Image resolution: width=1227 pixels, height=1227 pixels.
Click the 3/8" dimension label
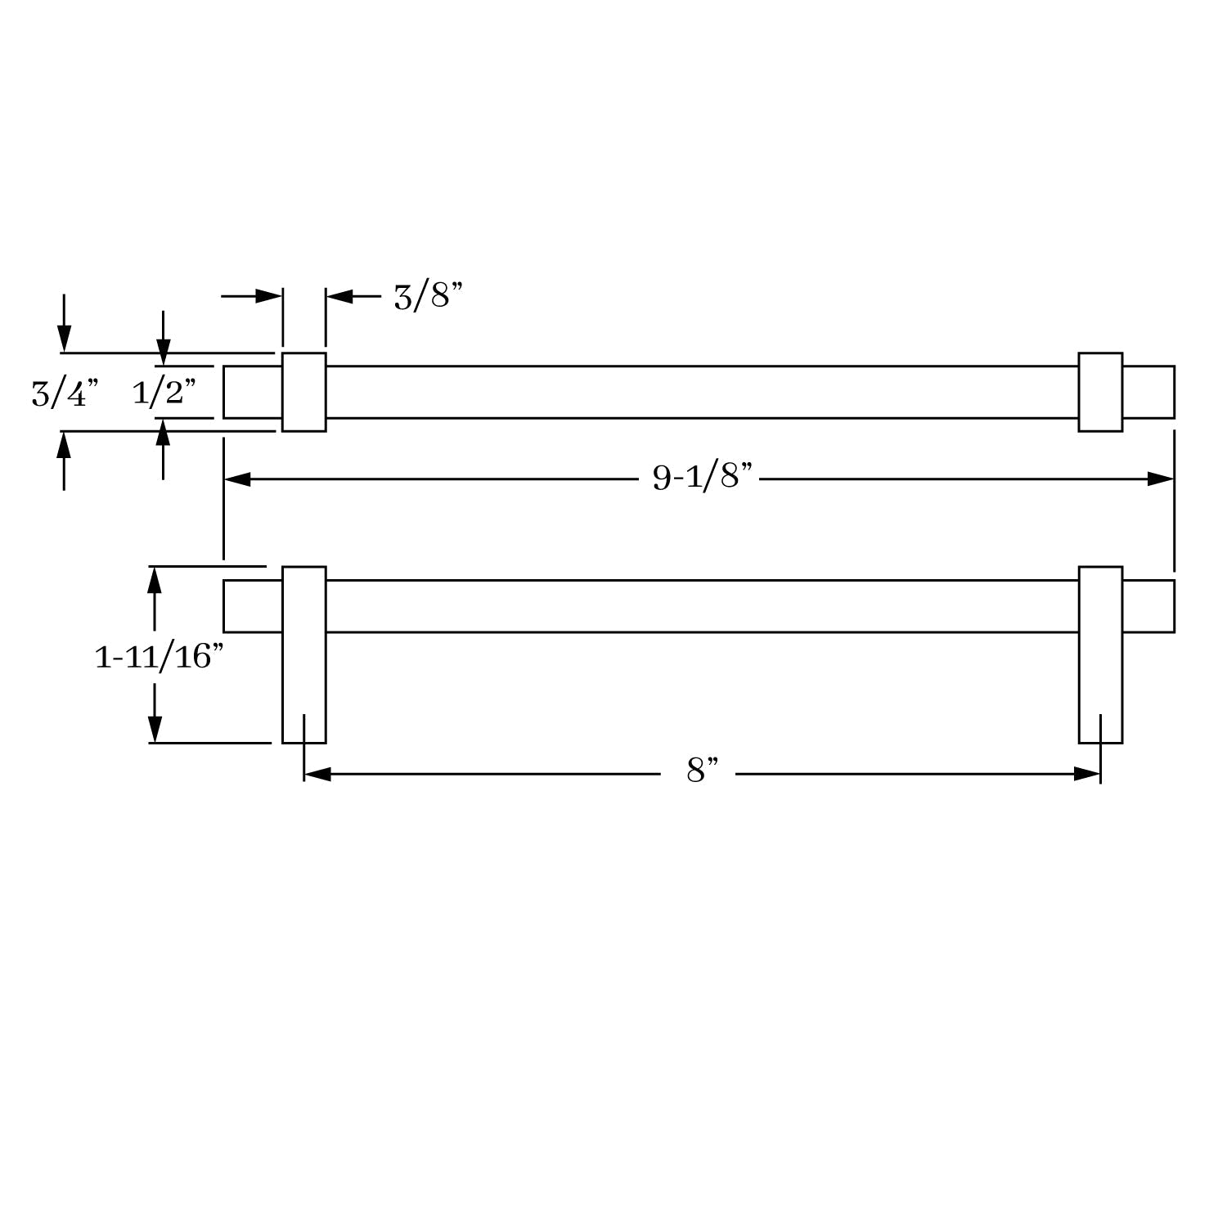coord(428,296)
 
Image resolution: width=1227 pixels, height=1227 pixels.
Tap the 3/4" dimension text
coord(65,393)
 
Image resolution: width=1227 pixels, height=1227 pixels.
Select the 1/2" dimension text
coord(164,393)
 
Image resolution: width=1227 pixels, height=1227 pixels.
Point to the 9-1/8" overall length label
coord(702,475)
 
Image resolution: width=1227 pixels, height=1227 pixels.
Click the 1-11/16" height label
coord(159,656)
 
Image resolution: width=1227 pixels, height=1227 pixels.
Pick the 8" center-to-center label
coord(703,771)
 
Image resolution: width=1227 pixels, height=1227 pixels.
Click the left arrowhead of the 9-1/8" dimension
coord(237,479)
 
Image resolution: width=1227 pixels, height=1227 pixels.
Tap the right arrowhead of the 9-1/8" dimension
coord(1161,479)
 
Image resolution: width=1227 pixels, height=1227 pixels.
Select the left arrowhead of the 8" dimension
coord(317,774)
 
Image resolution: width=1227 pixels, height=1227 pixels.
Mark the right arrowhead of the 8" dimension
coord(1087,774)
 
